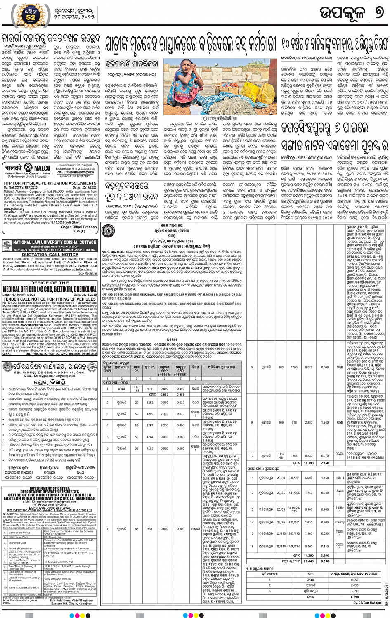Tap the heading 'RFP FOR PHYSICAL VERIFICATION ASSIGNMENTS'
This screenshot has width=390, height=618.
click(50, 183)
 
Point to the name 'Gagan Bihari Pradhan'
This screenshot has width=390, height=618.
click(79, 227)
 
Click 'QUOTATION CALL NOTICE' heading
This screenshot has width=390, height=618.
click(50, 255)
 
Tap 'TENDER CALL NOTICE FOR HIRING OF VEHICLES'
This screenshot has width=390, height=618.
click(50, 299)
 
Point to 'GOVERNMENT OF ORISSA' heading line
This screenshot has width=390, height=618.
click(50, 488)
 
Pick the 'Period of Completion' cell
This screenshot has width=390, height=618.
click(21, 549)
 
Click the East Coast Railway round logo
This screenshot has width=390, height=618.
click(108, 230)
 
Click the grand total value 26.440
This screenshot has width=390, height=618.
click(308, 561)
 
